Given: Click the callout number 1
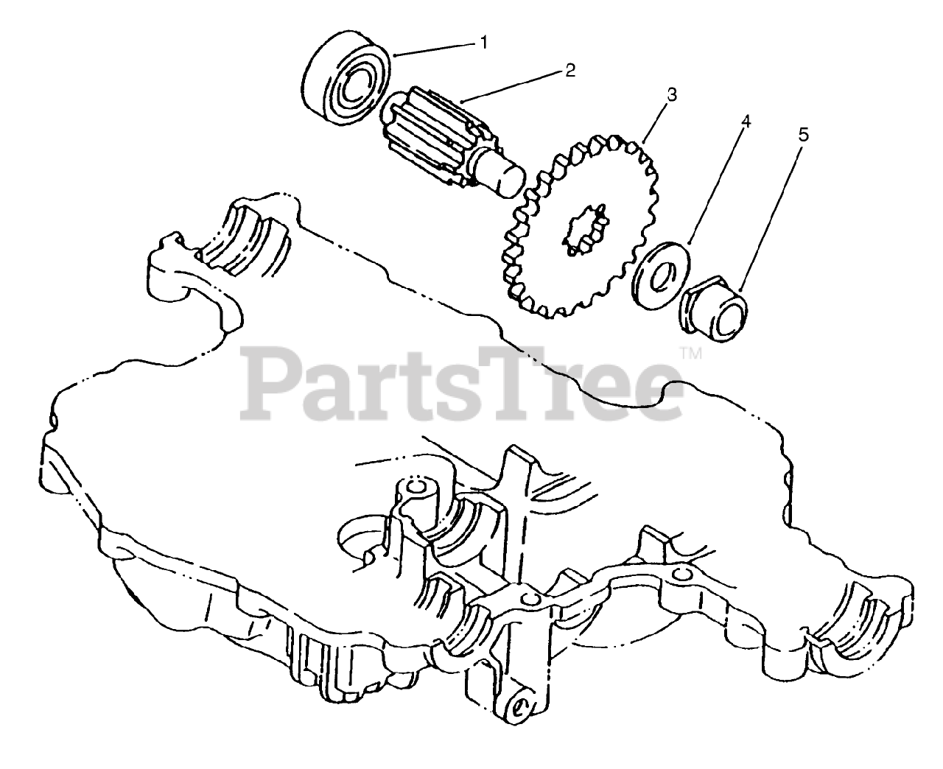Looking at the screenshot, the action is coord(484,43).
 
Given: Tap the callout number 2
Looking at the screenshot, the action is coord(569,71).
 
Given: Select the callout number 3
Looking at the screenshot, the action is coord(671,94).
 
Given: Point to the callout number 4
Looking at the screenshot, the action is coord(746,122).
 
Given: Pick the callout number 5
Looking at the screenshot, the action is coord(802,135).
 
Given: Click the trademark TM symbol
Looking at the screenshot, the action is coord(691,354).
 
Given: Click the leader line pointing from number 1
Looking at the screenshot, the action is coord(435,49).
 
